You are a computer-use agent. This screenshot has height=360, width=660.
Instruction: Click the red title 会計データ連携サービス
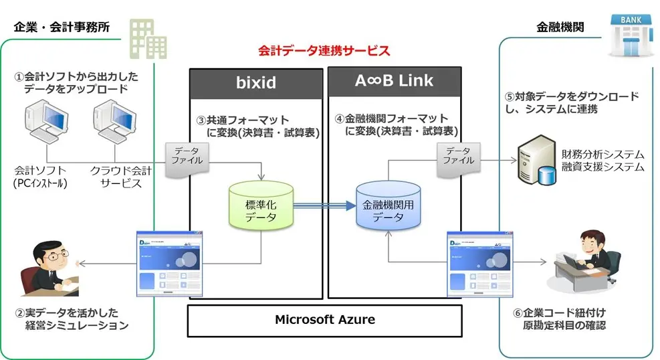(324, 51)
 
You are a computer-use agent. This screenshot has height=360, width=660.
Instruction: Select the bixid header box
(257, 83)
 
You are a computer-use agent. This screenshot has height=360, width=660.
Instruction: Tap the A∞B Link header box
(394, 82)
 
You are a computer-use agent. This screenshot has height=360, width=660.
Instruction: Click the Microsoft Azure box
(324, 320)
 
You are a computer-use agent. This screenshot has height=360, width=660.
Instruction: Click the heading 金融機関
(560, 27)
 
